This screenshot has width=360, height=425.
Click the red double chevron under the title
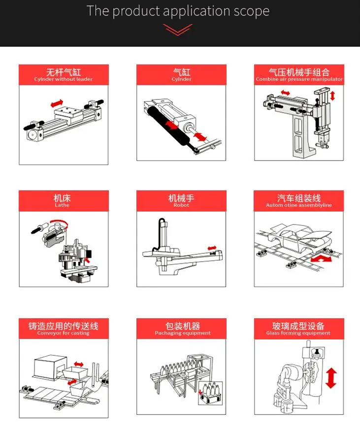coord(178,30)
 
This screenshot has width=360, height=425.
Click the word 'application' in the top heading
coord(197,11)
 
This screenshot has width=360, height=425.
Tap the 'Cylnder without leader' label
coord(63,79)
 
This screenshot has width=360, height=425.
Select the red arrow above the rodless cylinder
coord(57,103)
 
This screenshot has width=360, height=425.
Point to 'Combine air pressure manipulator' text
coord(299,79)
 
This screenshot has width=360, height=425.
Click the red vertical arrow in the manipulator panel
coord(332,96)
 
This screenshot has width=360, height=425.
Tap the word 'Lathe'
coord(62,205)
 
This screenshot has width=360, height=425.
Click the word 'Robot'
coord(181,205)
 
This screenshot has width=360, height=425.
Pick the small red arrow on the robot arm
coord(212,248)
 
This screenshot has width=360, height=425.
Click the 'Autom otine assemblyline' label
coord(299,205)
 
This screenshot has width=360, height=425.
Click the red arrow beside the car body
coord(321,259)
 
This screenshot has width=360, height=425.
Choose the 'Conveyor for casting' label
coord(63,333)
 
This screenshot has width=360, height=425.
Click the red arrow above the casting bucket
coord(79,364)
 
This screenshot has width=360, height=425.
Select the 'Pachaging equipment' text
coord(183,333)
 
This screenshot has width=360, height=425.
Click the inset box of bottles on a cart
coord(210,394)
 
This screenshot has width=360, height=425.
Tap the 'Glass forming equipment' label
coord(298,333)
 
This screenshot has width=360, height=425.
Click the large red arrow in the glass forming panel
coord(331,378)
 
